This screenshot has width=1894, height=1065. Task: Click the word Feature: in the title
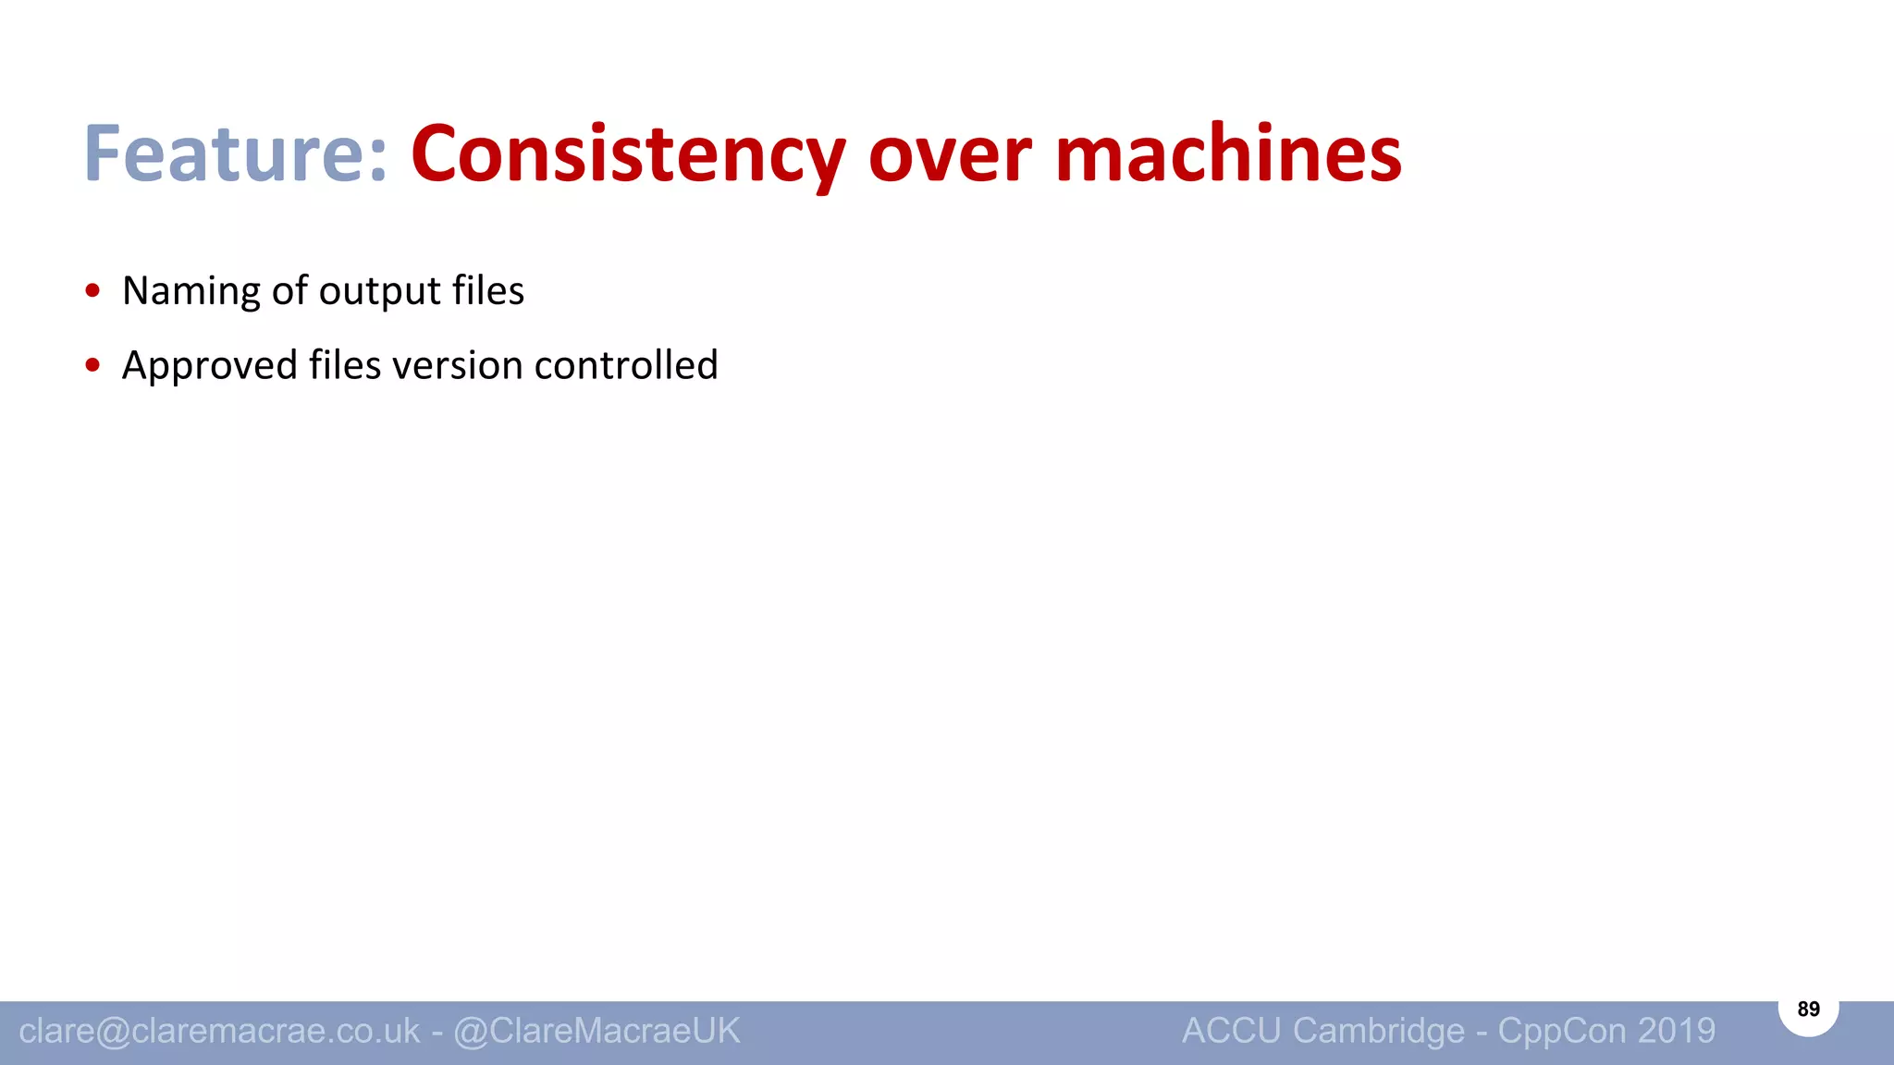coord(235,153)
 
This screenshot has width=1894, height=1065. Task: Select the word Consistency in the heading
coord(628,153)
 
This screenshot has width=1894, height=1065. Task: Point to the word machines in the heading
coord(1227,153)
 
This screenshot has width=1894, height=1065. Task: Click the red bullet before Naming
coord(92,291)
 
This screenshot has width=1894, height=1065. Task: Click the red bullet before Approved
coord(92,365)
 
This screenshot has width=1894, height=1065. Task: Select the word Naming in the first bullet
coord(191,291)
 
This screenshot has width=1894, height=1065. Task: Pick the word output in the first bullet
coord(380,291)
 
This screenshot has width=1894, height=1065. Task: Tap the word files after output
coord(488,291)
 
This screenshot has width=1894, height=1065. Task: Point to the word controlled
coord(626,365)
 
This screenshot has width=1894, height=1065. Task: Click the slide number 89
coord(1808,1010)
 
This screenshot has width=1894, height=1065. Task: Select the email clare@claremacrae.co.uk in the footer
coord(219,1031)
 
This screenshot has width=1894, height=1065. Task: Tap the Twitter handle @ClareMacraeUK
coord(596,1031)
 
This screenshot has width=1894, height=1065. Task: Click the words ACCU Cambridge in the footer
coord(1322,1031)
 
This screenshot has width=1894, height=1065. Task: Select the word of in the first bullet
coord(289,291)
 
